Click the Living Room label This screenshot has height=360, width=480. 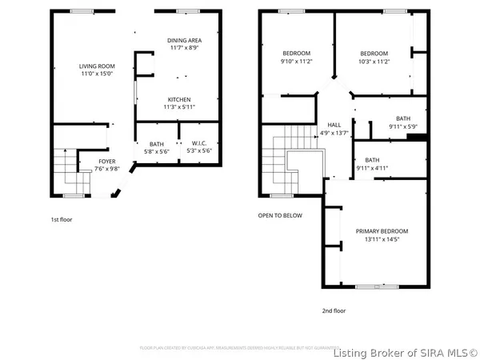pyautogui.click(x=95, y=66)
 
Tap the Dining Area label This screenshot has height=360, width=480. pyautogui.click(x=184, y=41)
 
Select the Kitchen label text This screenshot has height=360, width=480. pyautogui.click(x=178, y=99)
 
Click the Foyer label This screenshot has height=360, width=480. pyautogui.click(x=106, y=161)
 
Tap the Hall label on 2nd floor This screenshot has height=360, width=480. pyautogui.click(x=334, y=125)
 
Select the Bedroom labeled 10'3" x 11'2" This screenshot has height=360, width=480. pyautogui.click(x=373, y=54)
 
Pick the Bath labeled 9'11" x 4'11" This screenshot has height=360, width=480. pyautogui.click(x=373, y=160)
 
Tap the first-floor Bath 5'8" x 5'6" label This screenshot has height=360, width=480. pyautogui.click(x=155, y=144)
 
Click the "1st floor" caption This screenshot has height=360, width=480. pyautogui.click(x=61, y=218)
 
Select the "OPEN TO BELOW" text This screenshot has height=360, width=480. pyautogui.click(x=280, y=215)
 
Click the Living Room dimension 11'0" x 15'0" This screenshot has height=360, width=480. pyautogui.click(x=95, y=74)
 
